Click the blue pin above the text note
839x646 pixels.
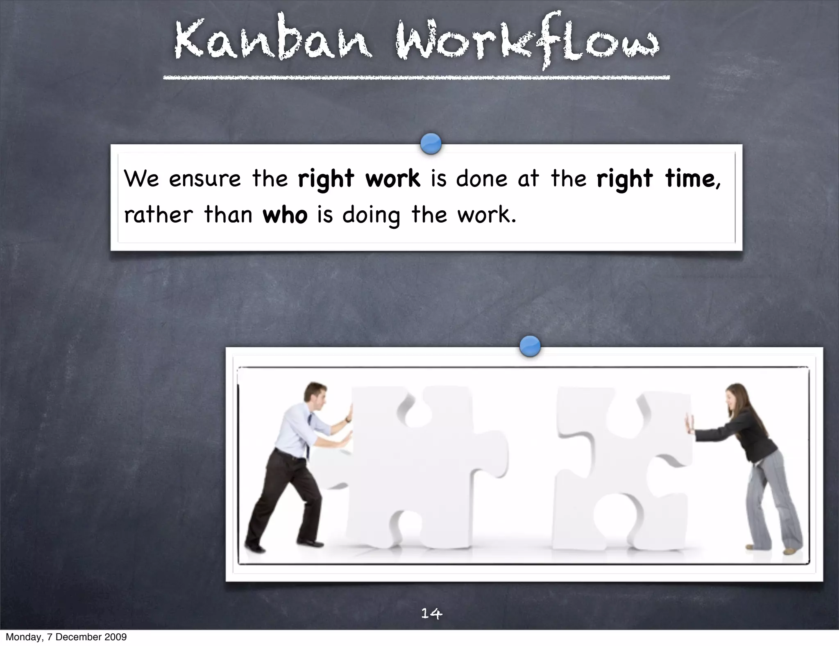pos(431,144)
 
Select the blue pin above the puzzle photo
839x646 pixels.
pos(530,346)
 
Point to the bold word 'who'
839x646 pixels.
pos(285,215)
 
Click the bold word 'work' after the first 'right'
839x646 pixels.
pos(392,179)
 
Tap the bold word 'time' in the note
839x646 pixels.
pos(690,179)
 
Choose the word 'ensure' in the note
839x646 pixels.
pos(205,179)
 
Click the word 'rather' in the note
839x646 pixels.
pos(158,215)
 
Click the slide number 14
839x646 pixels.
pos(431,613)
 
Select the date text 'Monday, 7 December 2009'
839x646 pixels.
pos(66,637)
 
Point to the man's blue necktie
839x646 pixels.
pos(308,434)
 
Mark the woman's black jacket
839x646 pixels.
pos(754,439)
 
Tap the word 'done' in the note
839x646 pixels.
pos(481,179)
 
